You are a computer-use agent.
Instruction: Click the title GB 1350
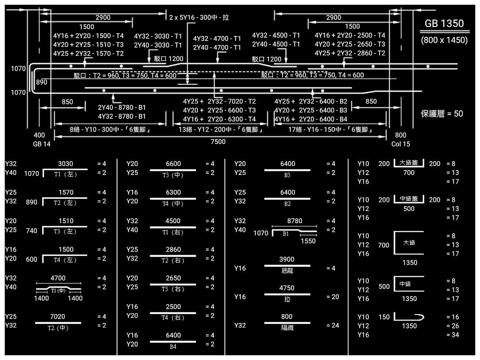444,24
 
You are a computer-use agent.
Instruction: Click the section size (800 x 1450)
444,40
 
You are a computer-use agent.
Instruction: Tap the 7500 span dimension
218,142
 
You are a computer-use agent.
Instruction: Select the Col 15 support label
400,144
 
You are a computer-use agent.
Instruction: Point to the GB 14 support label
42,144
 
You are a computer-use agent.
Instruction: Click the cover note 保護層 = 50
442,114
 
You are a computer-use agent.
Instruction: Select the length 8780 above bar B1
294,221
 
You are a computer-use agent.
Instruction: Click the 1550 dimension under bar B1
308,241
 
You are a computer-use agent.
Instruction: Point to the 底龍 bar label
287,271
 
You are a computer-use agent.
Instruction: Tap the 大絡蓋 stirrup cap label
409,162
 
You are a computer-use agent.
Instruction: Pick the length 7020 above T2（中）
58,317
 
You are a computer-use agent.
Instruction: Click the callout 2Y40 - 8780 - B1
121,108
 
